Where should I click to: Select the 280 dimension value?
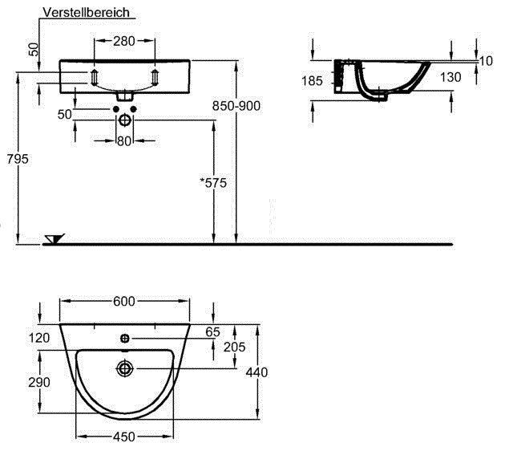[x=123, y=41]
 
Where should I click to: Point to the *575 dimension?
[x=213, y=183]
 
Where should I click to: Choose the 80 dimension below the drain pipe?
[x=124, y=141]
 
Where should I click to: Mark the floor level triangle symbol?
[x=55, y=238]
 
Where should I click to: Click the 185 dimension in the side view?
[x=313, y=80]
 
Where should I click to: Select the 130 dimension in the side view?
[x=450, y=77]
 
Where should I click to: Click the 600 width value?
[x=123, y=301]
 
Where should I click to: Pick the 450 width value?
[x=123, y=437]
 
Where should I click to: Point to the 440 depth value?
[x=256, y=372]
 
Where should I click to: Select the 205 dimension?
[x=234, y=347]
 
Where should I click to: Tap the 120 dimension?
[x=40, y=337]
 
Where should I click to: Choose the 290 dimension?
[x=40, y=384]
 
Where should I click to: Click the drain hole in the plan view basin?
[x=124, y=368]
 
